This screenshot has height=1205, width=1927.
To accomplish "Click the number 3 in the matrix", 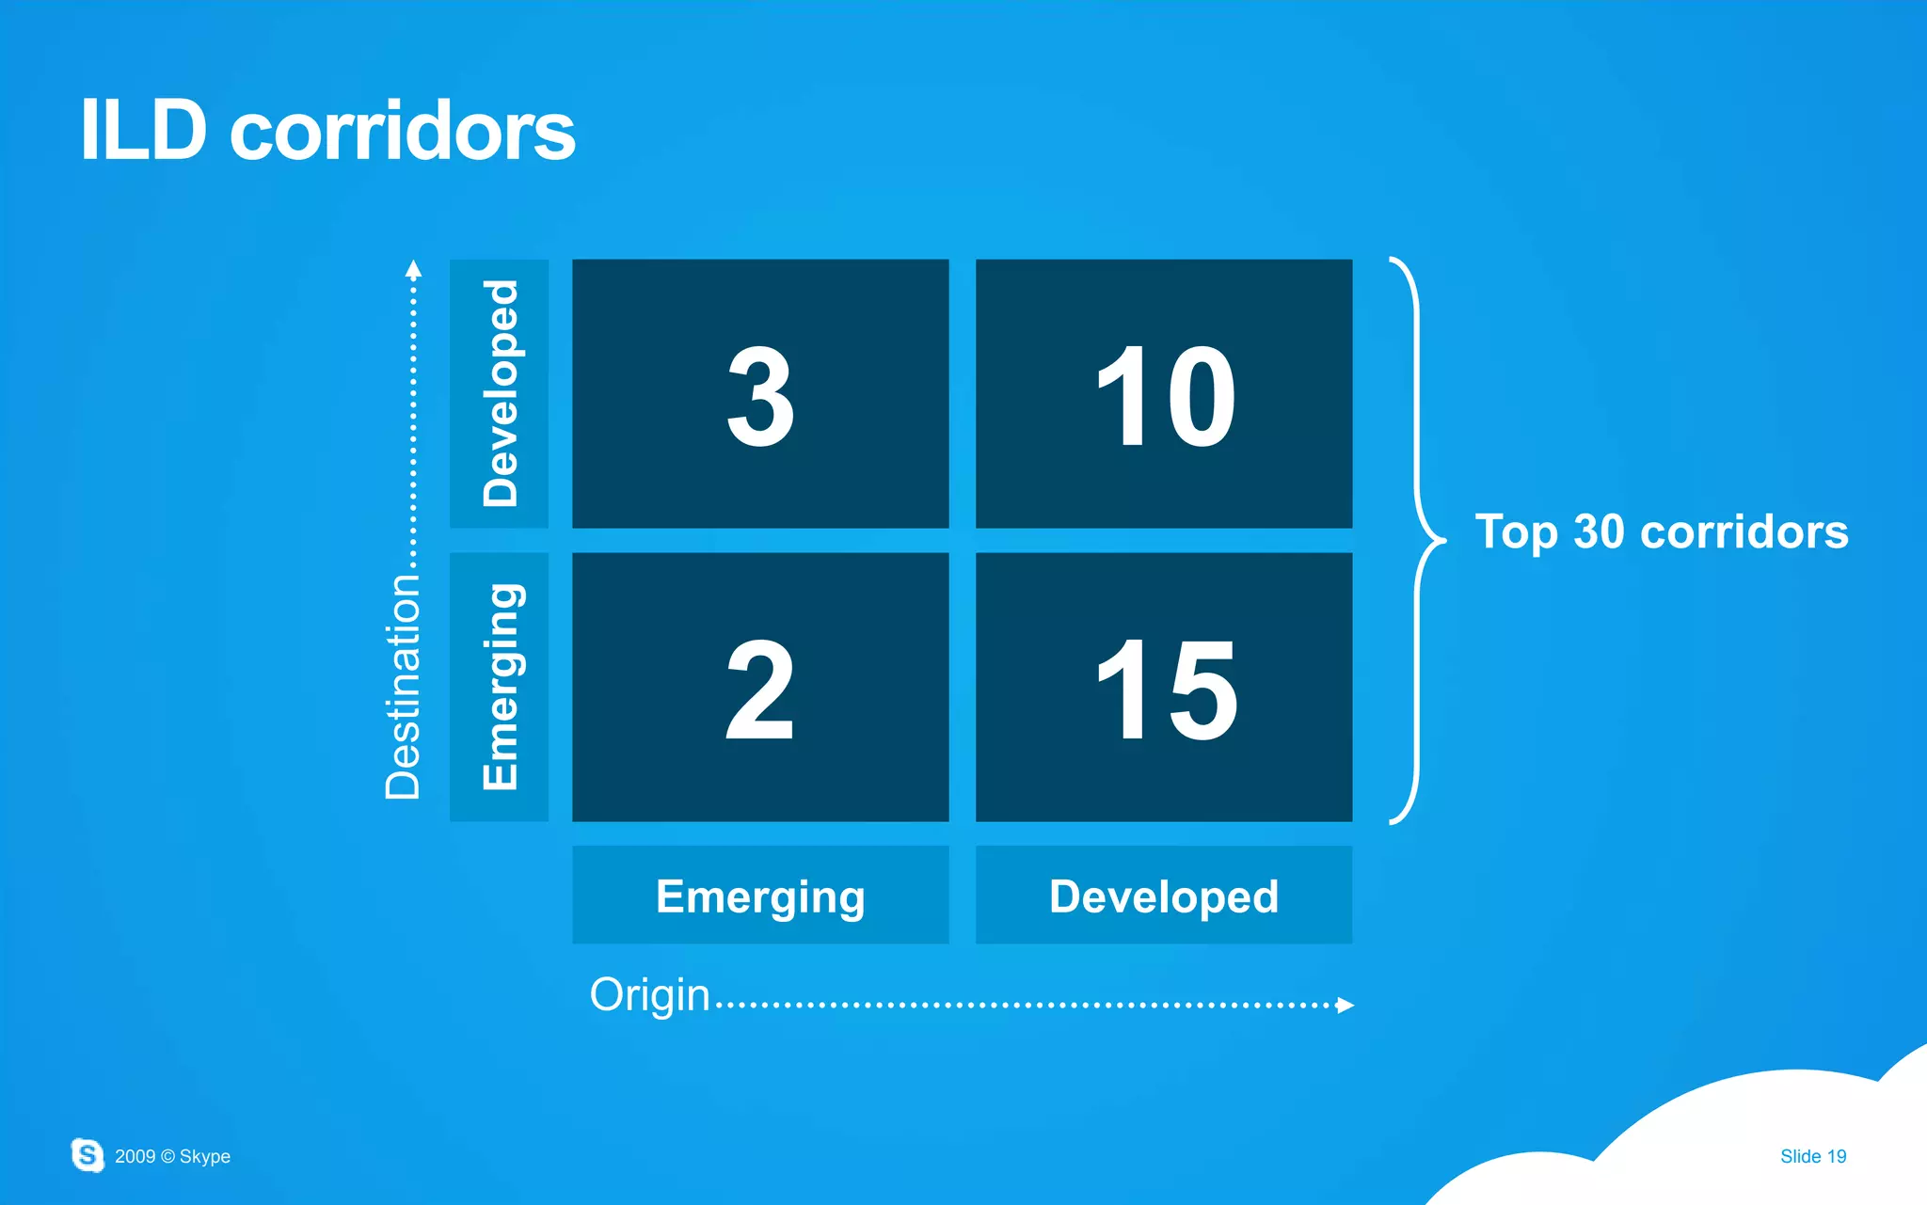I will click(760, 395).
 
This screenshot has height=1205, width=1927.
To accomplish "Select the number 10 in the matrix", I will click(1165, 395).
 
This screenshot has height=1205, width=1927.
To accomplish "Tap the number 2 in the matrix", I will click(760, 689).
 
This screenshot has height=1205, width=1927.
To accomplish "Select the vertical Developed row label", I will click(500, 393).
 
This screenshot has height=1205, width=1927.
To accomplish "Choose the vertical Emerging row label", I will click(500, 687).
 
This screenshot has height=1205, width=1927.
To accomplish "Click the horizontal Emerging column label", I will click(760, 896).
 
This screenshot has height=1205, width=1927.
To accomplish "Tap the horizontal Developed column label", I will click(1164, 896).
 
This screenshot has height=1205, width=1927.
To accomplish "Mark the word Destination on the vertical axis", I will click(403, 687).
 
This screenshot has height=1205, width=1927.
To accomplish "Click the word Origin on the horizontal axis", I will click(649, 995).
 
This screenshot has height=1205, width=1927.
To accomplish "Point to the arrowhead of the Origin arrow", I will click(1346, 1005).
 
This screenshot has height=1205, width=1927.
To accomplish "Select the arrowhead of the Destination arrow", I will click(413, 269).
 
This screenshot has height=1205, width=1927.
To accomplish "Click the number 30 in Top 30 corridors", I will click(1599, 531).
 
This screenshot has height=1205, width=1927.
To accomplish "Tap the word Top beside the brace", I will click(1517, 533).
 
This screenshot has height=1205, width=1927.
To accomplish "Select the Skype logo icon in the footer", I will click(88, 1154).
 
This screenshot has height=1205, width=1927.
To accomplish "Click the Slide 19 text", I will click(1812, 1156).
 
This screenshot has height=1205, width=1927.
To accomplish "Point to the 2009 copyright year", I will click(135, 1156).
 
